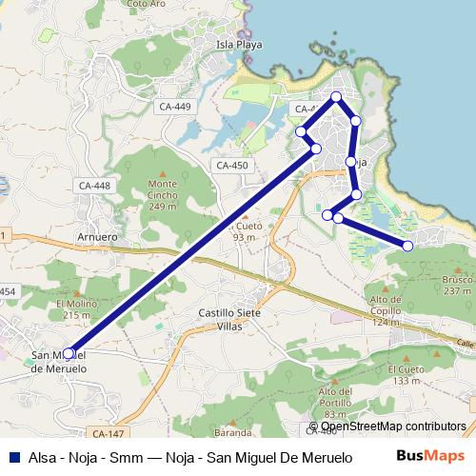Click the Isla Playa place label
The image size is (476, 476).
(238, 44)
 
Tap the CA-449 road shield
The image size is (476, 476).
(175, 106)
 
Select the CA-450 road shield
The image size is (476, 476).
(231, 166)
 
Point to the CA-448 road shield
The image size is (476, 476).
(94, 186)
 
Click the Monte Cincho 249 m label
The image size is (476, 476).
(163, 195)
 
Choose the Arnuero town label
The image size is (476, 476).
(96, 238)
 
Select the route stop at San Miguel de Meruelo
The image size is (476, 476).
(68, 353)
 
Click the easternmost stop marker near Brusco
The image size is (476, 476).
(408, 247)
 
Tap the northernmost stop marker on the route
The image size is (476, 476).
(336, 96)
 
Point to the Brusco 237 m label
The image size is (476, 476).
(456, 286)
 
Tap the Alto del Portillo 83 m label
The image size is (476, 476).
(337, 403)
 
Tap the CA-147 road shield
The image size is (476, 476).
(110, 433)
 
